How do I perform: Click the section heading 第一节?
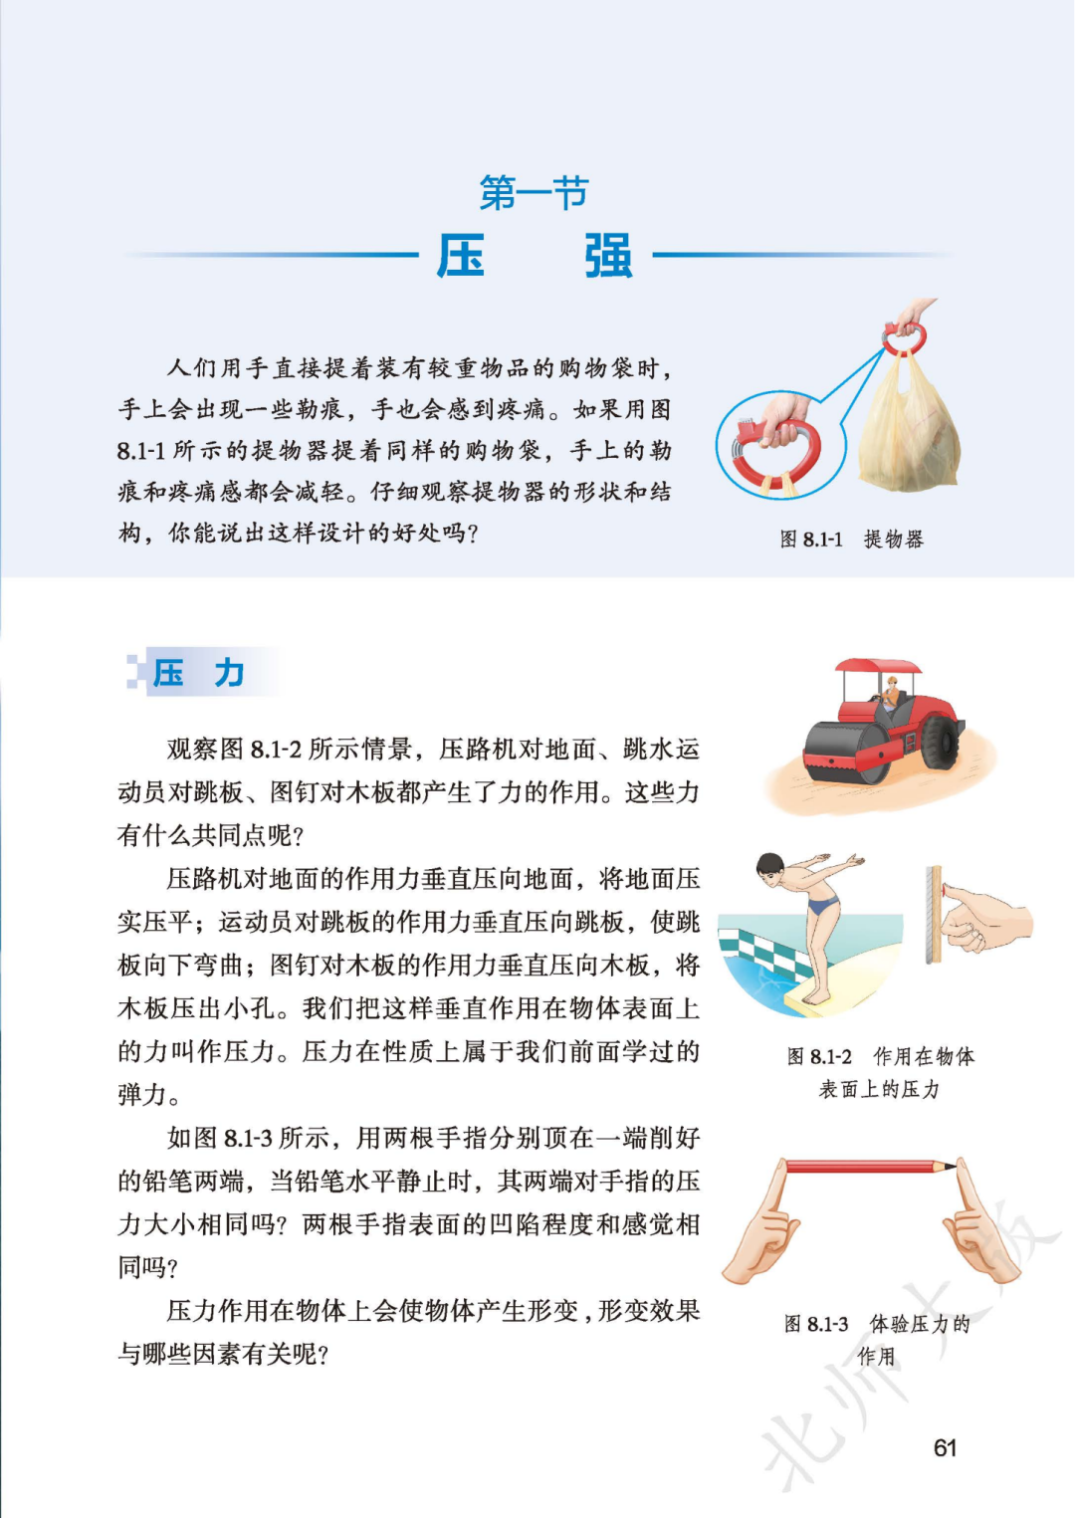534,192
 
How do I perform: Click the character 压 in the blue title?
461,256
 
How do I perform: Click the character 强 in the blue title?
608,256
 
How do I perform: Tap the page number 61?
945,1447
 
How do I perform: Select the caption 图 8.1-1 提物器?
851,540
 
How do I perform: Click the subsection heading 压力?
199,673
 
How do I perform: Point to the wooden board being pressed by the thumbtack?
933,914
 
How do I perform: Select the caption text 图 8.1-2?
819,1056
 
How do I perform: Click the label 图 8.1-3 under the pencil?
816,1324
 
